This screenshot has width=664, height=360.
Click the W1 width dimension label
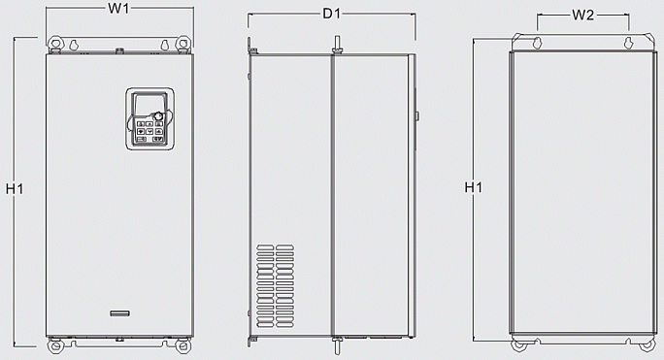[118, 9]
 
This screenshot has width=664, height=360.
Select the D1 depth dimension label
[331, 14]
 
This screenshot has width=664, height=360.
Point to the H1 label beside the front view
[15, 188]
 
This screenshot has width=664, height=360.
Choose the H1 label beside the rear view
[472, 187]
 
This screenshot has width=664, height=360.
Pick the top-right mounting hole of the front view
[181, 45]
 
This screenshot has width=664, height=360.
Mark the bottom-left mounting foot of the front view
[57, 345]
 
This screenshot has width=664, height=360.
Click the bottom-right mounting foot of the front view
[181, 345]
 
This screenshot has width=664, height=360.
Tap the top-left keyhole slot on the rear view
[536, 43]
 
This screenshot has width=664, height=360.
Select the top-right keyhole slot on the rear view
[628, 43]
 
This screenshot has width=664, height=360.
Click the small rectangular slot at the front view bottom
[119, 312]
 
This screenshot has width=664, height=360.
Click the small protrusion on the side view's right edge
[416, 116]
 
